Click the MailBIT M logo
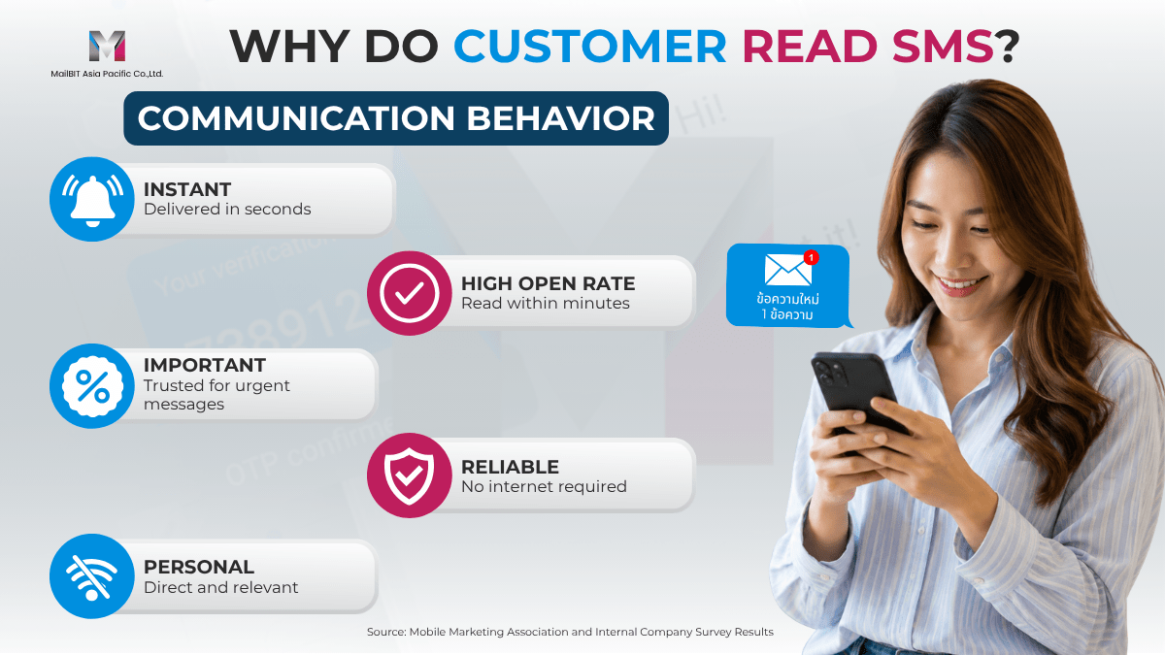[x=107, y=46]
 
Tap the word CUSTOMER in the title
[x=590, y=47]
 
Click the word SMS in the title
[x=943, y=47]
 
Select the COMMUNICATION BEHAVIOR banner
[x=396, y=118]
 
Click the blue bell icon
[x=92, y=199]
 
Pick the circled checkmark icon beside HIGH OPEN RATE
[x=410, y=293]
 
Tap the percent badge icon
[x=92, y=386]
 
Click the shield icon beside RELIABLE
[x=410, y=475]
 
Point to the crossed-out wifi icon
[x=92, y=576]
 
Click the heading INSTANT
[x=187, y=190]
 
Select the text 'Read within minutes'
[x=545, y=303]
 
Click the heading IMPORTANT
[x=205, y=366]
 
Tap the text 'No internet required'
[x=544, y=486]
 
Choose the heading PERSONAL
[x=199, y=567]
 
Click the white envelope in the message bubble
[x=787, y=270]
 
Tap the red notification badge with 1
[x=811, y=257]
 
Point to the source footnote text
[x=570, y=632]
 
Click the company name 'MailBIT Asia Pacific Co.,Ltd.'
[x=107, y=74]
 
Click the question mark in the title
[x=1008, y=47]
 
